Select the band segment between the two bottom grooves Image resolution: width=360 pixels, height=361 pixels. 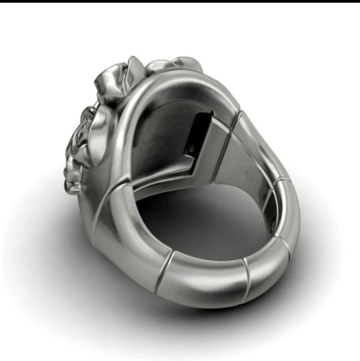point(206,278)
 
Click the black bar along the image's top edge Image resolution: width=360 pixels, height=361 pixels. point(180,1)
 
